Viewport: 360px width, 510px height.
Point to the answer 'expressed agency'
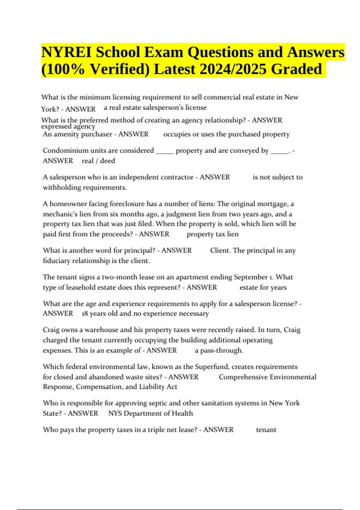(x=68, y=127)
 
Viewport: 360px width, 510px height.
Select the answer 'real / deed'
(x=98, y=161)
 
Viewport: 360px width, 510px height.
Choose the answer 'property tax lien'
(x=212, y=234)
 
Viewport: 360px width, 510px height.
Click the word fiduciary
(x=55, y=261)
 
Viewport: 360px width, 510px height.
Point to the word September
(x=251, y=277)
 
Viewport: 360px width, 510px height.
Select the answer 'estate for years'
(x=263, y=287)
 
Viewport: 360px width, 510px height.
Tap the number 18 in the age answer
(x=85, y=313)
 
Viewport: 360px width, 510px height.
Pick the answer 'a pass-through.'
(x=219, y=350)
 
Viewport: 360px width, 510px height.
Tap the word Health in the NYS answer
(x=182, y=413)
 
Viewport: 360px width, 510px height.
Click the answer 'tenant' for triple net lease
(x=266, y=430)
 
